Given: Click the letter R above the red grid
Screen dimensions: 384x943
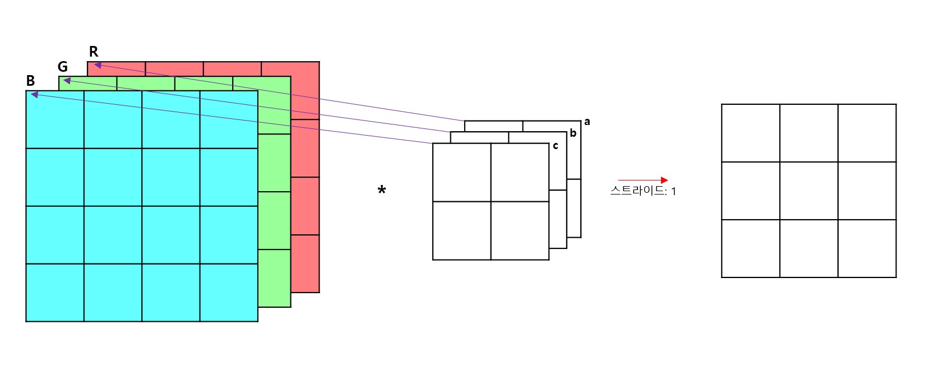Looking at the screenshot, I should tap(94, 52).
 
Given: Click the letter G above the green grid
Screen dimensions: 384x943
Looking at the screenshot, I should tap(63, 67).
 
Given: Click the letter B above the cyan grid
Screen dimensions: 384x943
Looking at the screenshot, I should tap(31, 81).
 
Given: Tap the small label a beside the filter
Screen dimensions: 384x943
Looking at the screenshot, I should tap(587, 122).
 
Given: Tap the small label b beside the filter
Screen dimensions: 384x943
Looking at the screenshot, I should tap(573, 133).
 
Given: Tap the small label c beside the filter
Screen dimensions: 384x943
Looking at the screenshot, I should tap(556, 146).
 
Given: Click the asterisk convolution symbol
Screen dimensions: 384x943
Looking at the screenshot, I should tap(382, 190).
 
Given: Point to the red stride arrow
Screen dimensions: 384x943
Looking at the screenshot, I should tap(642, 180).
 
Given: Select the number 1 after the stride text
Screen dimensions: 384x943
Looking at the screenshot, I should tap(673, 192).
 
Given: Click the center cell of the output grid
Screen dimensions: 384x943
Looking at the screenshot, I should tap(809, 191).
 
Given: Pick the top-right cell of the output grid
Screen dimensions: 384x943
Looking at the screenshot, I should tap(867, 133).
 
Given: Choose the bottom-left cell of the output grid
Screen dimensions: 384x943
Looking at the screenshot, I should tap(751, 248).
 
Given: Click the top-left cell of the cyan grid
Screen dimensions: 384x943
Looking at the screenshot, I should tap(55, 119).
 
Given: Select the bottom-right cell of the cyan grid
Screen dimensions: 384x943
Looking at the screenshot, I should tap(229, 292).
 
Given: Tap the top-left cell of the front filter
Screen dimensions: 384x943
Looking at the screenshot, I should tap(462, 172).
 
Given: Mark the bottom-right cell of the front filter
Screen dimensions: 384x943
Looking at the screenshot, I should tap(520, 230).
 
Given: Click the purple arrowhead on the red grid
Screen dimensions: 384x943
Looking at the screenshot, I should tap(97, 65).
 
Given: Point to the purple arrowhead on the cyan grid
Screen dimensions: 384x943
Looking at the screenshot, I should tap(34, 95).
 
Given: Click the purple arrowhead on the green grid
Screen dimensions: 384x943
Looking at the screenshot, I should tap(67, 81).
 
